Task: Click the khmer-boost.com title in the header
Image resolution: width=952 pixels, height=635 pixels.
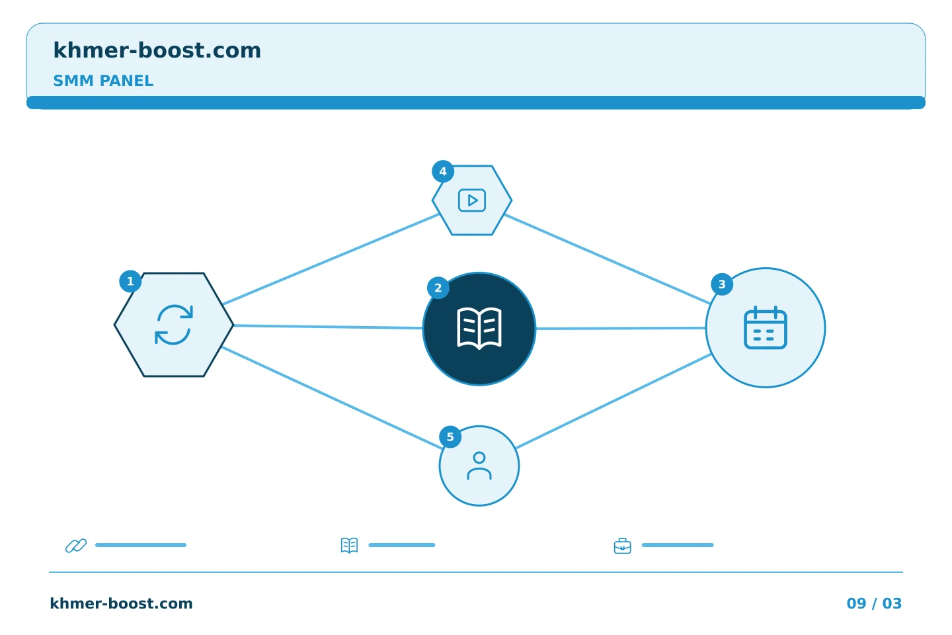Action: click(x=157, y=51)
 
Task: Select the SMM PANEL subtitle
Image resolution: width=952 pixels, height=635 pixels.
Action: click(x=103, y=81)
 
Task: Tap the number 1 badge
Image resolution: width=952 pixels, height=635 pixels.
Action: click(x=130, y=281)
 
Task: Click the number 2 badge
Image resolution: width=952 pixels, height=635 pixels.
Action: click(x=438, y=288)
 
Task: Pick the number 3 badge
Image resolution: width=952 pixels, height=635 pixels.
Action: click(x=722, y=284)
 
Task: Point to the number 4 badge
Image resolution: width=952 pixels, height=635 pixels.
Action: click(x=443, y=171)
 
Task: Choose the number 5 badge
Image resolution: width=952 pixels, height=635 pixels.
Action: click(x=450, y=437)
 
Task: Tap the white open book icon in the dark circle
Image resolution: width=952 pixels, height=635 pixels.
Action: click(x=479, y=328)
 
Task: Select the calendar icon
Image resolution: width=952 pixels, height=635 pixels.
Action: click(x=766, y=327)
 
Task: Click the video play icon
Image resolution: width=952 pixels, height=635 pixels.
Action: click(x=472, y=200)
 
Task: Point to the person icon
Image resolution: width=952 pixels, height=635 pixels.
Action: click(x=479, y=466)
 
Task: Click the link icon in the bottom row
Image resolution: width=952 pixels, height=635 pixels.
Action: click(x=76, y=545)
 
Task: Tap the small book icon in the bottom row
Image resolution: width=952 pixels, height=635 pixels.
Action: click(x=349, y=545)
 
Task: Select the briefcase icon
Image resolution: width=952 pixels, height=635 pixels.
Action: click(x=623, y=546)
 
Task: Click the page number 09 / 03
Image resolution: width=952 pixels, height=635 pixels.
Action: click(x=874, y=603)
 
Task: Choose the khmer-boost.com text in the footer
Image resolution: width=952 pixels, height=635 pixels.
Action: click(x=121, y=603)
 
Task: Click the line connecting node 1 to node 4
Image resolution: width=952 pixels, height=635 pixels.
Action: click(x=331, y=259)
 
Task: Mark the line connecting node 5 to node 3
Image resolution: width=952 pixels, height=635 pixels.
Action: click(x=614, y=401)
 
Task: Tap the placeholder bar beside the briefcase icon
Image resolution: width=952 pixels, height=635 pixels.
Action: click(x=678, y=545)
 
